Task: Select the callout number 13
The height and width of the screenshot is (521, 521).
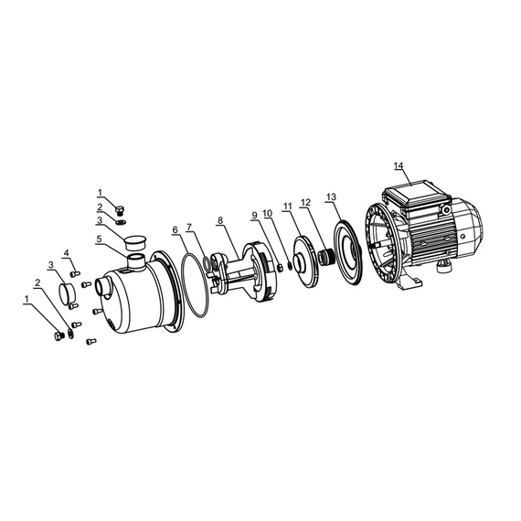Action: click(331, 197)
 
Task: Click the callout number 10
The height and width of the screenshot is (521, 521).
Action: click(268, 213)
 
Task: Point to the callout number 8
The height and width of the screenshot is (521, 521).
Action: click(219, 220)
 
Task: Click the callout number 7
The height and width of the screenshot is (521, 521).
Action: click(189, 226)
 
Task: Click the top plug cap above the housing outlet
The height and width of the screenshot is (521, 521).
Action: click(135, 242)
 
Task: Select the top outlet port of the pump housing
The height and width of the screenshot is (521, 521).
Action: click(137, 264)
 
